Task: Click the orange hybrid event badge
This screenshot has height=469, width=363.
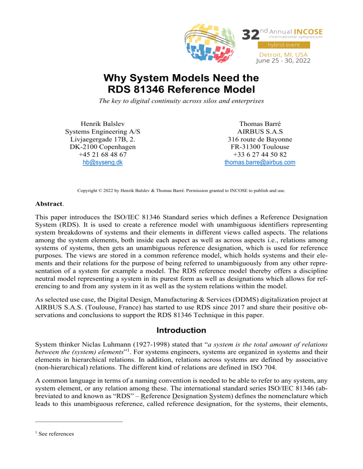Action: coord(283,45)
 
